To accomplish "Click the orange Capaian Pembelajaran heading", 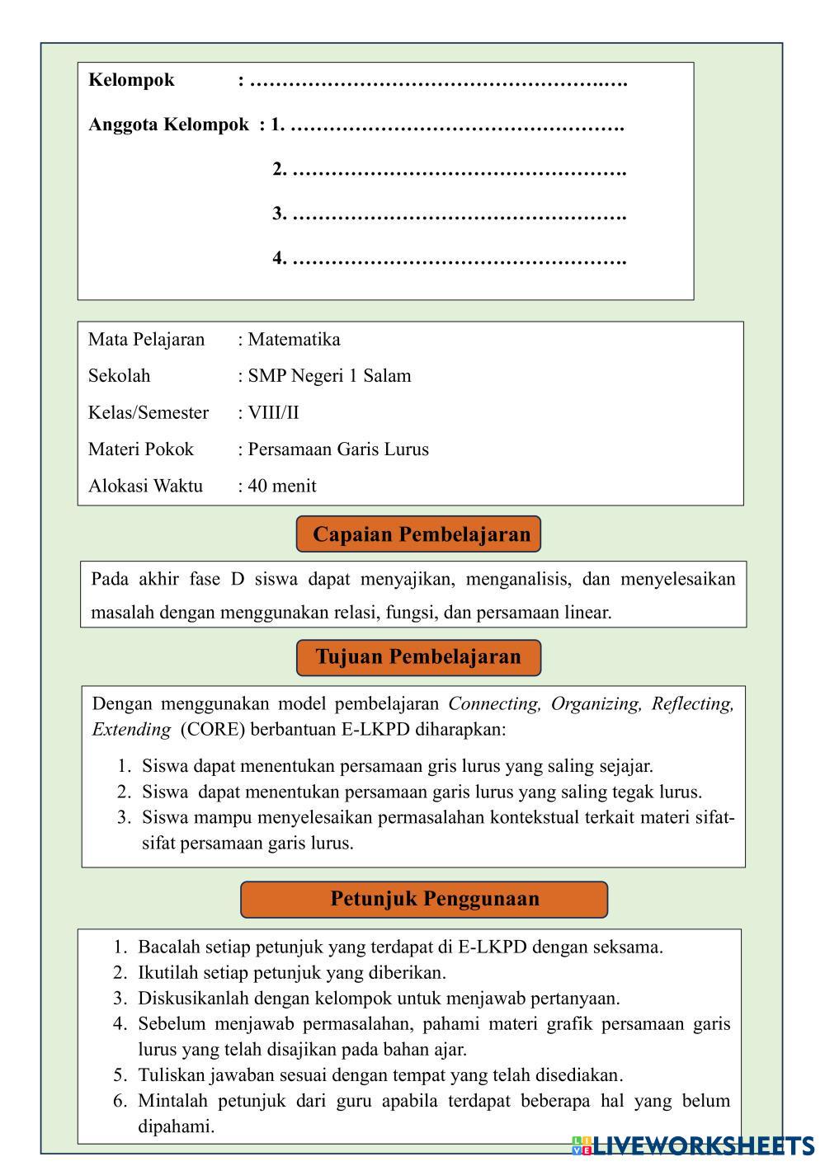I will (418, 534).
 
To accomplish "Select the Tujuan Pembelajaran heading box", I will (418, 657).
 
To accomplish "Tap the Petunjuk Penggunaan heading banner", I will (424, 899).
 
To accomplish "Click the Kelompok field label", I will (131, 80).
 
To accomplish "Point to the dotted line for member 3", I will (459, 214).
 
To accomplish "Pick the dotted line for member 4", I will (459, 259).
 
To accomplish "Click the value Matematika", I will (294, 339).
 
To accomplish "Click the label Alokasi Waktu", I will (145, 486).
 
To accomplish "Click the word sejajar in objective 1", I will (624, 766).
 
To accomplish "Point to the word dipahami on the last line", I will (176, 1126).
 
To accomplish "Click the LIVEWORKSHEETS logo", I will (693, 1145).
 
